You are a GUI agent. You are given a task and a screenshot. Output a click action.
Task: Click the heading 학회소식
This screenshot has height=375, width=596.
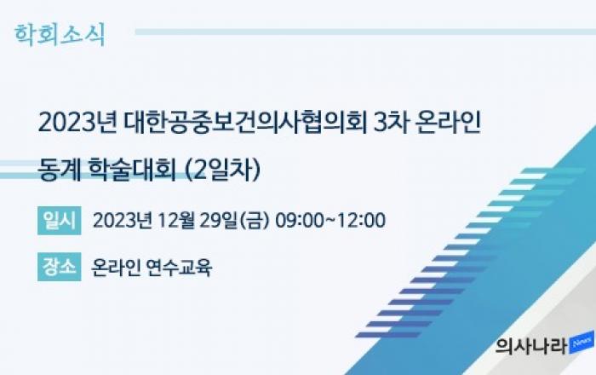(60, 35)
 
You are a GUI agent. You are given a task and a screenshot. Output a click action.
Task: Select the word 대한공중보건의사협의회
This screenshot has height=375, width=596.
(245, 123)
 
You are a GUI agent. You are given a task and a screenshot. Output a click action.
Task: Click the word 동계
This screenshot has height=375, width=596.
(60, 170)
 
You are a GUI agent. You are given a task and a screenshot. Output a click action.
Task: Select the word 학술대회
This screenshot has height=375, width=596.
(132, 170)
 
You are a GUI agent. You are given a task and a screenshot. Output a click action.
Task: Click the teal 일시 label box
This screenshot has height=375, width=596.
(60, 221)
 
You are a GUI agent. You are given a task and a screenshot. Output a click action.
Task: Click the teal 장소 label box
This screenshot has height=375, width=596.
(60, 267)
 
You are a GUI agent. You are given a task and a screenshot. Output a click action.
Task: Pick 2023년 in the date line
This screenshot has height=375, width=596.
(123, 221)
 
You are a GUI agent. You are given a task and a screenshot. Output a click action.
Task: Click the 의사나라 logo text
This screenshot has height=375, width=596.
(531, 346)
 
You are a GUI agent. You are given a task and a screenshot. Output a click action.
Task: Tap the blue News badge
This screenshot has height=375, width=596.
(582, 343)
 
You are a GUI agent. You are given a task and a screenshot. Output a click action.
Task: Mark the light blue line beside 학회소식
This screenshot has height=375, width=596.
(365, 32)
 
